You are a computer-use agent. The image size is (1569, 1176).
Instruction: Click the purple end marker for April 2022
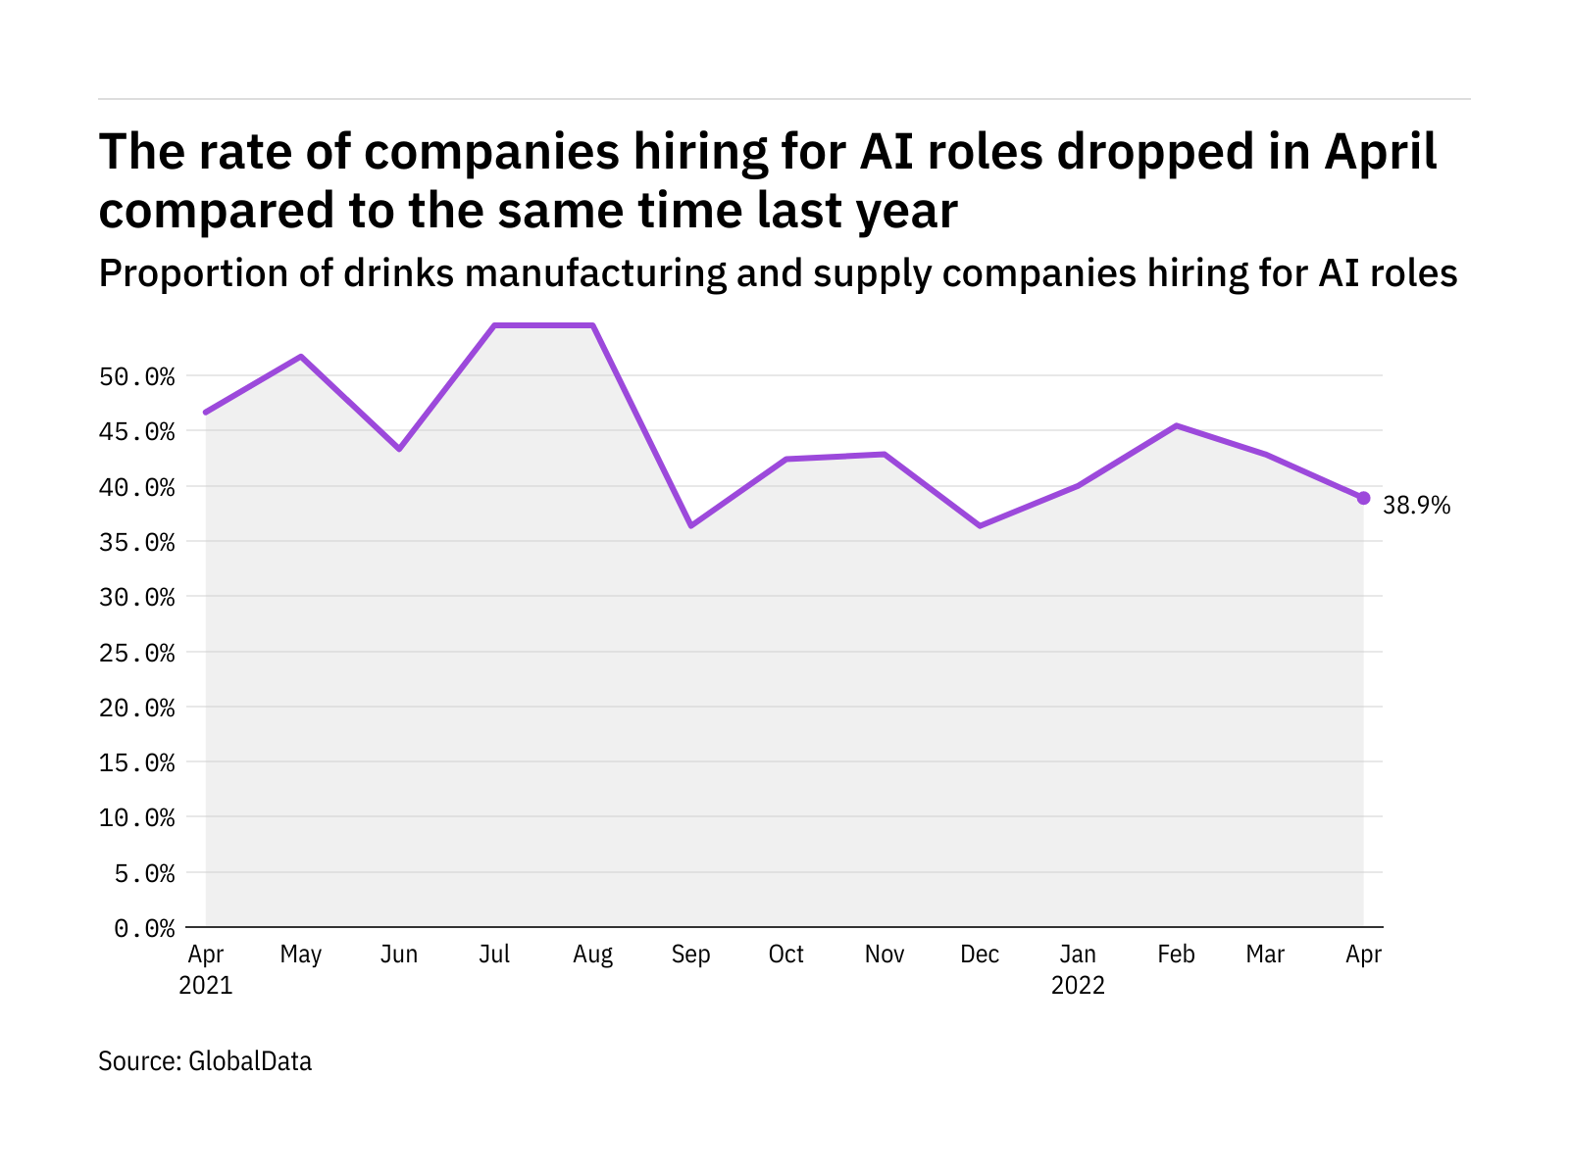tap(1363, 498)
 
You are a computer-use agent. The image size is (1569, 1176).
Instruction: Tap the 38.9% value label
tap(1416, 506)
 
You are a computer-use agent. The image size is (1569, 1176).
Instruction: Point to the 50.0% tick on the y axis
tap(137, 377)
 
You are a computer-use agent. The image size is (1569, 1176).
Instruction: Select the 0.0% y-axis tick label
tap(145, 928)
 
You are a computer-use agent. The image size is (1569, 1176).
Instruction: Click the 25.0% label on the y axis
tap(137, 653)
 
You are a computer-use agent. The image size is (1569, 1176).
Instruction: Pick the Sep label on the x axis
tap(690, 955)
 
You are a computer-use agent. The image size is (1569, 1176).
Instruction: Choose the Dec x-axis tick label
tap(980, 955)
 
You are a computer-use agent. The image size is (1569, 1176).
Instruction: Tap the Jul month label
tap(494, 955)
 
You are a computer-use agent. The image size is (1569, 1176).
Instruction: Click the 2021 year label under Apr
tap(206, 985)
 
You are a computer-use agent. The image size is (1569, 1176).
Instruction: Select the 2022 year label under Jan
tap(1078, 985)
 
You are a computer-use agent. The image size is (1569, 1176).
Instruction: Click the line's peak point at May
tap(301, 356)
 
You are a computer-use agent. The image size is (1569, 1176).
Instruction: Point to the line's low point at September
tap(690, 526)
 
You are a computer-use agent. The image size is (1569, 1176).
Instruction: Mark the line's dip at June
tap(398, 449)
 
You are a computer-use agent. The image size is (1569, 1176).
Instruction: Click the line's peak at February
tap(1176, 425)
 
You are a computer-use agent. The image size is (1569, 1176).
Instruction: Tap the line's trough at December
tap(980, 526)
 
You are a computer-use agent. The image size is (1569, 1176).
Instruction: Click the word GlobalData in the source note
tap(250, 1061)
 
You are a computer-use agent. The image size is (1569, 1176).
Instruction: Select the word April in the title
tap(1381, 153)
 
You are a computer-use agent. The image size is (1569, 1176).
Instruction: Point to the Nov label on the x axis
tap(885, 955)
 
